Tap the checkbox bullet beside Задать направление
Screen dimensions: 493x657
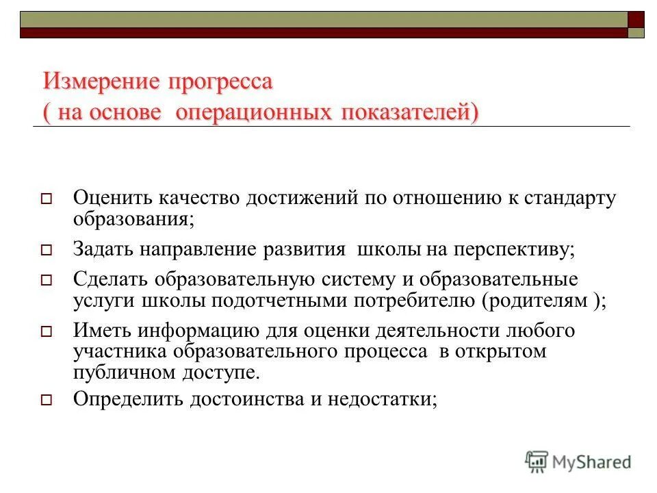tap(47, 250)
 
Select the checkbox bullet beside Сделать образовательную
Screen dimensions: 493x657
tap(47, 280)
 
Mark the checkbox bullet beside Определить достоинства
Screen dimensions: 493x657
tap(47, 400)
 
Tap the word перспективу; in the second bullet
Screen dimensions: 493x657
tap(513, 249)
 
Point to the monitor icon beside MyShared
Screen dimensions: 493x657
tap(537, 462)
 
